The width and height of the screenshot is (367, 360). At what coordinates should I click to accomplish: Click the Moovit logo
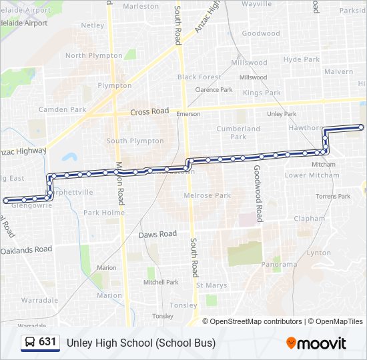coord(316,343)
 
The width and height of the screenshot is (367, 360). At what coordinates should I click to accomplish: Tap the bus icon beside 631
coord(30,343)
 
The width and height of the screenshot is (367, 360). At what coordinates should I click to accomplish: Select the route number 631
coord(47,342)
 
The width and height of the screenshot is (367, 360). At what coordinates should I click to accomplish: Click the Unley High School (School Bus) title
coord(141,343)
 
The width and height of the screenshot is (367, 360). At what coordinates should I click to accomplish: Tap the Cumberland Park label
coord(238,133)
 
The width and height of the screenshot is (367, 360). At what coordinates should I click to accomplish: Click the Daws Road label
coord(157,234)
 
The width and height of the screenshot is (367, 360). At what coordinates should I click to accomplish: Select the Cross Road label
coord(149,111)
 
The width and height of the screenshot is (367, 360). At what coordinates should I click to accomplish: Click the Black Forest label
coord(200,77)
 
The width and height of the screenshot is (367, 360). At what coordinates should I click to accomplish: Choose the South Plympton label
coord(135,141)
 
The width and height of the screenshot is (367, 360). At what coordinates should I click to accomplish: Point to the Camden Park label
coord(63,109)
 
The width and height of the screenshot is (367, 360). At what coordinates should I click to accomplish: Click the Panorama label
coord(279,265)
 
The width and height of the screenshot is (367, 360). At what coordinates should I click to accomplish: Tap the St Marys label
coord(212,285)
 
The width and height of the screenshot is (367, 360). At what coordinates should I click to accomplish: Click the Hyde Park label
coord(302,59)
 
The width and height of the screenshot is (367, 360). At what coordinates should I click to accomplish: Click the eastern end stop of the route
coord(362,127)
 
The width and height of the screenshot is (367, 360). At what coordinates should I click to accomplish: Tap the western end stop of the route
coord(7,200)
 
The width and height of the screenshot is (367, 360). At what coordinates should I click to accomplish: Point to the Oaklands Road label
coord(26,249)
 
